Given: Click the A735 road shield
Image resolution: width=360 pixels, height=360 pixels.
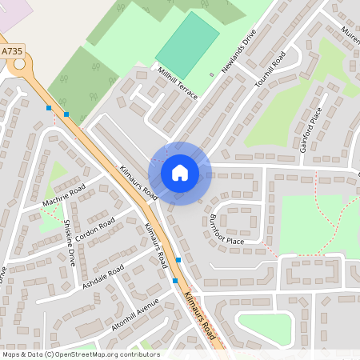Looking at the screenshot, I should [11, 51].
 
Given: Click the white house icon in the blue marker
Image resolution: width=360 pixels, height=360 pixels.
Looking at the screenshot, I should [180, 172].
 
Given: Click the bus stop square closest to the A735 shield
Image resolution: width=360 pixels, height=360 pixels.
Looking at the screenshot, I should [49, 107].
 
